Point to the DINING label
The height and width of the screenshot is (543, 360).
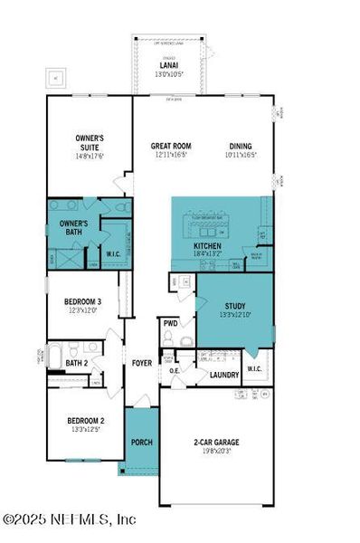pos(240,146)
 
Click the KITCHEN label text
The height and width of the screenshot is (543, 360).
pos(208,245)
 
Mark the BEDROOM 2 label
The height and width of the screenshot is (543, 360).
pos(86,421)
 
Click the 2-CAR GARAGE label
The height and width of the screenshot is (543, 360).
pos(216,442)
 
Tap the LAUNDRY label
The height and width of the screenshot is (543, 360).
pos(223,375)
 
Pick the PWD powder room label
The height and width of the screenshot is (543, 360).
pos(170,323)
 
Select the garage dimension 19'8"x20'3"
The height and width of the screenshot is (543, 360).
pos(216,451)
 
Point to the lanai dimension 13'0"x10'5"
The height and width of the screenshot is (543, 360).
pos(167,74)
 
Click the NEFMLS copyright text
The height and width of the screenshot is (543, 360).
pos(69,519)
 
